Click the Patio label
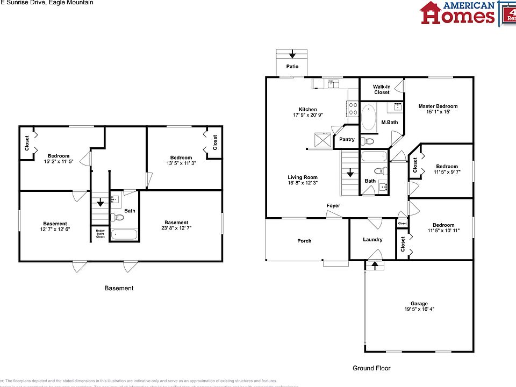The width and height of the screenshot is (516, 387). (x=292, y=67)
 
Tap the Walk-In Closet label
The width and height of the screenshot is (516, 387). (x=382, y=89)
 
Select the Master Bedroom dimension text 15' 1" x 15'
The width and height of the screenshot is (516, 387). (x=438, y=112)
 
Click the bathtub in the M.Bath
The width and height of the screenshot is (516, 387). (x=369, y=118)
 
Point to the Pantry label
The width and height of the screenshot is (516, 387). (x=347, y=139)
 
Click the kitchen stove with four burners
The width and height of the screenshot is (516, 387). (x=354, y=109)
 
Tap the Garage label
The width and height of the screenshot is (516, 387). (x=419, y=304)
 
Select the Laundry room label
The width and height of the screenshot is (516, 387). (x=372, y=240)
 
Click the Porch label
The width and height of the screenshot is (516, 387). (x=304, y=241)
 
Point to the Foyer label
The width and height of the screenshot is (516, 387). (x=333, y=206)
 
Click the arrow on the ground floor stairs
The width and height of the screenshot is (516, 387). (x=350, y=174)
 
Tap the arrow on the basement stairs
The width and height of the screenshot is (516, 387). (x=100, y=203)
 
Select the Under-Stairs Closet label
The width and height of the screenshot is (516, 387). (x=101, y=234)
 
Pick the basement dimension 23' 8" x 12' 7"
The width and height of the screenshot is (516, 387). (x=176, y=228)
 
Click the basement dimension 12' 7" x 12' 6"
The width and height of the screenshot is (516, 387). (x=55, y=229)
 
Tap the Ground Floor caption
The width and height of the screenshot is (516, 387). (x=371, y=368)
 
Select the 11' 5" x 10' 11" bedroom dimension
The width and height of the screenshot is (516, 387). (x=443, y=231)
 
